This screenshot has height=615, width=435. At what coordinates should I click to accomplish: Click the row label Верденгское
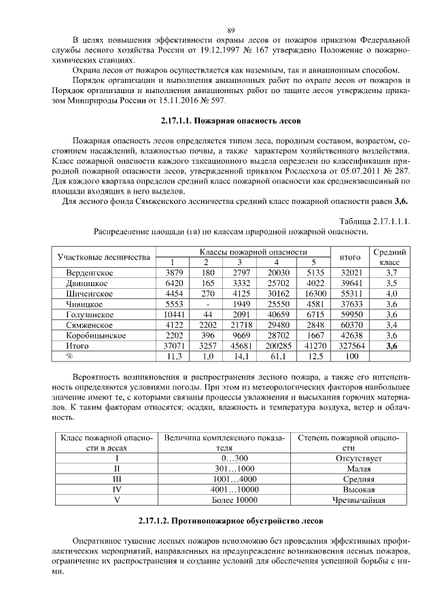tap(89, 273)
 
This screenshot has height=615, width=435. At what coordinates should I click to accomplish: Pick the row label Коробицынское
tap(96, 336)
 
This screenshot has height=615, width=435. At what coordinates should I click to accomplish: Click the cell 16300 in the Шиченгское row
tap(313, 294)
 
